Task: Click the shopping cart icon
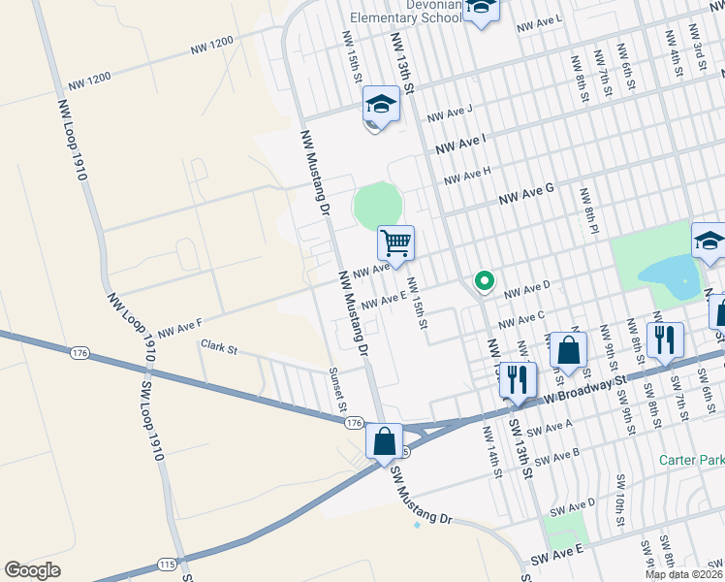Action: pos(395,242)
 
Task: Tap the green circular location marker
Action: pos(484,281)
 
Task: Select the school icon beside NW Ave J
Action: pos(381,106)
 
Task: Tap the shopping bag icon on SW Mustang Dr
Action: pos(385,441)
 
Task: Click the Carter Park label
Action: pos(691,459)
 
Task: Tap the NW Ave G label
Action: pos(525,195)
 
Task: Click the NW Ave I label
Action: pos(460,145)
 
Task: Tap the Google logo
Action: pos(32,569)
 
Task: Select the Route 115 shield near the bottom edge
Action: pos(167,563)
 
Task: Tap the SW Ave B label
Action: pos(556,456)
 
